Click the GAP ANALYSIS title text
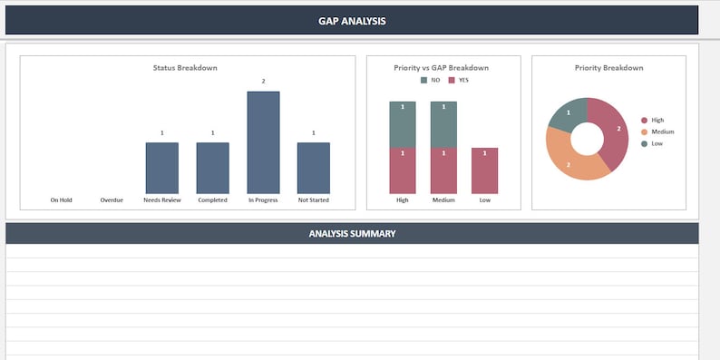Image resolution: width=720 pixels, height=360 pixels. (x=352, y=21)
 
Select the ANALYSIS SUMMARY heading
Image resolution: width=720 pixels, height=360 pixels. (x=352, y=234)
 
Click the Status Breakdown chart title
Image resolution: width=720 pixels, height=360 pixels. (x=185, y=68)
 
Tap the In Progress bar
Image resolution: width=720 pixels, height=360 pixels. (x=263, y=142)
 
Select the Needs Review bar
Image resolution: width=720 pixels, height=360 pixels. (x=161, y=168)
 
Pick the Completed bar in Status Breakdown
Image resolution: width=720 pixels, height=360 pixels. (x=212, y=168)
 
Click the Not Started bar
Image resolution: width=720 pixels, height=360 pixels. (x=314, y=168)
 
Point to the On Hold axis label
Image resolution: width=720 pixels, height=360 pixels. (x=61, y=199)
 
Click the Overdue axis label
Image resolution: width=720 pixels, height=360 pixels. (x=112, y=199)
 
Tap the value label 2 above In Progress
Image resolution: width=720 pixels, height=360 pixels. (x=263, y=82)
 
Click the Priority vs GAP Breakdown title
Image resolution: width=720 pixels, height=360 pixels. (x=442, y=68)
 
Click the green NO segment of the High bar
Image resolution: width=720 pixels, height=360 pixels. (x=403, y=124)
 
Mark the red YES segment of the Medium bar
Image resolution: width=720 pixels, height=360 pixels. (x=443, y=170)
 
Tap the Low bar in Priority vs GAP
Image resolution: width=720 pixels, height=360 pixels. (x=484, y=170)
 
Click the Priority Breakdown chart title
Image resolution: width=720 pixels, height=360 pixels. (x=608, y=68)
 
